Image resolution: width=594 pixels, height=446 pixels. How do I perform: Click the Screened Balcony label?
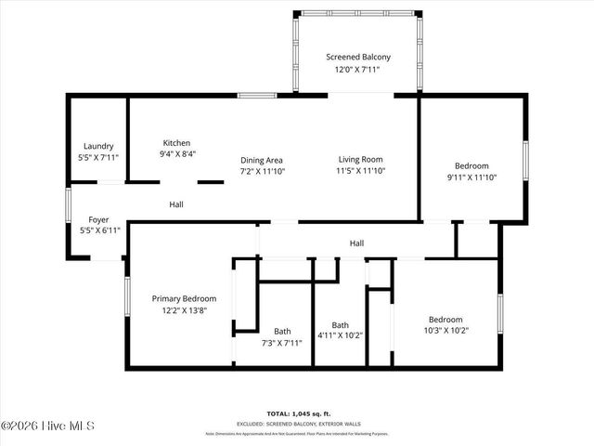click(x=357, y=57)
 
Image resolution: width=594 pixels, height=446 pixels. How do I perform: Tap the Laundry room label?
click(x=98, y=146)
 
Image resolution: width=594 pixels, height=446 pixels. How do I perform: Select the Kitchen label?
click(x=177, y=142)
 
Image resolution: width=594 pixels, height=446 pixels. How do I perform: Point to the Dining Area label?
click(x=263, y=160)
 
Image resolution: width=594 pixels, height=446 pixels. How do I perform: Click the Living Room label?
click(x=359, y=160)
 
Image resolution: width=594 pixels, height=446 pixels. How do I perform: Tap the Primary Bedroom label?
click(x=184, y=298)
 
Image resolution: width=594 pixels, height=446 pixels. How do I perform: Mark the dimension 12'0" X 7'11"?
click(x=357, y=70)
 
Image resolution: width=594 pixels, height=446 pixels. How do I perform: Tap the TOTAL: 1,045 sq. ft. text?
click(x=299, y=413)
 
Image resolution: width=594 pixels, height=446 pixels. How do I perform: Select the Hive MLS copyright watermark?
click(x=48, y=426)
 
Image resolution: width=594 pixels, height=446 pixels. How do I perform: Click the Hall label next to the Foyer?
click(x=176, y=204)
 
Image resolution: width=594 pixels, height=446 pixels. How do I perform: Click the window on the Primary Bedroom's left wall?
click(x=126, y=298)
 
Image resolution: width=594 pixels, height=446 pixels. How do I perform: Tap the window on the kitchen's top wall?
click(x=257, y=95)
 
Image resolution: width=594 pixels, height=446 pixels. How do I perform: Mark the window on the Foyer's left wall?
click(x=67, y=205)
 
